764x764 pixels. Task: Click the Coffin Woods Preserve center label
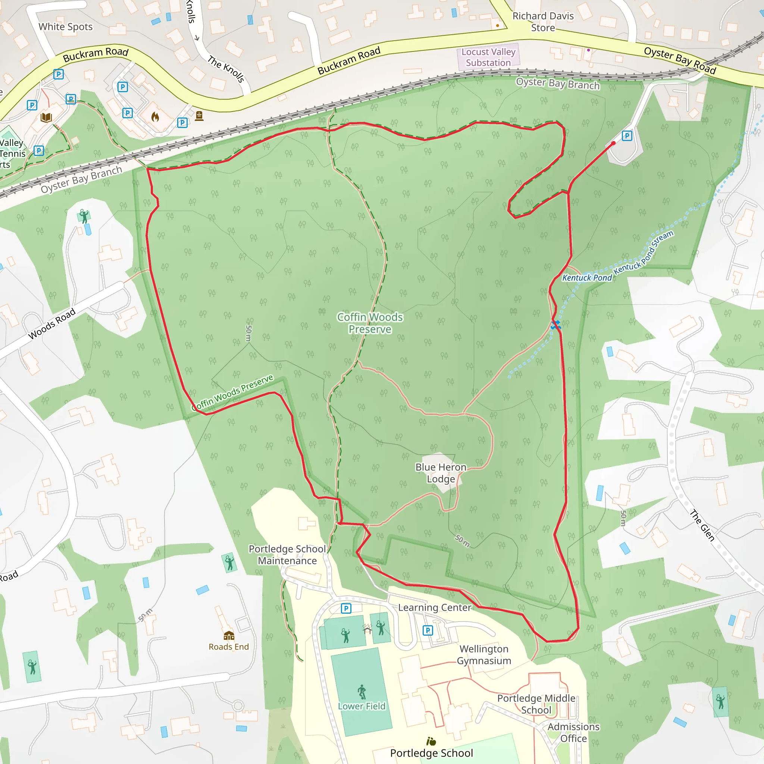(370, 323)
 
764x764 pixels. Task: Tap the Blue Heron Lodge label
(441, 473)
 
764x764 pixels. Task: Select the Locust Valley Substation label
(488, 57)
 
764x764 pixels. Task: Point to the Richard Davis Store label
(542, 22)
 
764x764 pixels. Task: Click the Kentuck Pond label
(587, 278)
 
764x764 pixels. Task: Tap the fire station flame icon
(155, 117)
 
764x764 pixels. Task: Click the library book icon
(46, 118)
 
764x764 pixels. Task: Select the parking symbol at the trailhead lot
(627, 136)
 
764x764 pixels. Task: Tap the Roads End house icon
(229, 635)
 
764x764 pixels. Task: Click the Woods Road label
(52, 324)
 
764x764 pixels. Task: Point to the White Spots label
(66, 27)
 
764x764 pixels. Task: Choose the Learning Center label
(435, 608)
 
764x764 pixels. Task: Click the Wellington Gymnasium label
(484, 655)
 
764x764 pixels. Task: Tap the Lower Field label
(361, 706)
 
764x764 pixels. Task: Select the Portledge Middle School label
(536, 704)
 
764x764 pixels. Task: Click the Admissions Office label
(573, 733)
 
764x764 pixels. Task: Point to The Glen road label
(702, 525)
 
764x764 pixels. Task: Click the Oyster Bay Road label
(680, 60)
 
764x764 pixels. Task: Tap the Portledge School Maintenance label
(288, 555)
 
